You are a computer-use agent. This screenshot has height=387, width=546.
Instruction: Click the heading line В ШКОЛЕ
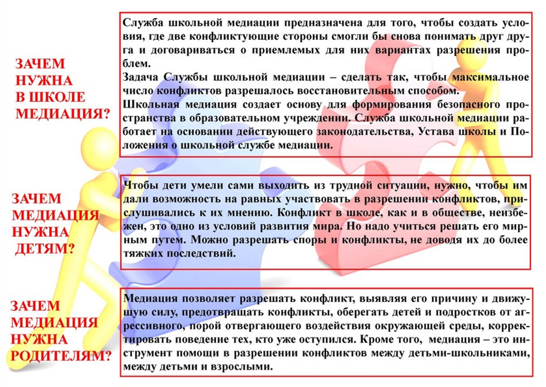tap(50, 97)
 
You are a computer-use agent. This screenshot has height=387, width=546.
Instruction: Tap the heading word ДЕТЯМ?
tap(44, 249)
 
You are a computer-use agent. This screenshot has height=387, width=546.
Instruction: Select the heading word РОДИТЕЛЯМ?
tap(60, 356)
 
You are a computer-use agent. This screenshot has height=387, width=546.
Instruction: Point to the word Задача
tap(141, 77)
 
